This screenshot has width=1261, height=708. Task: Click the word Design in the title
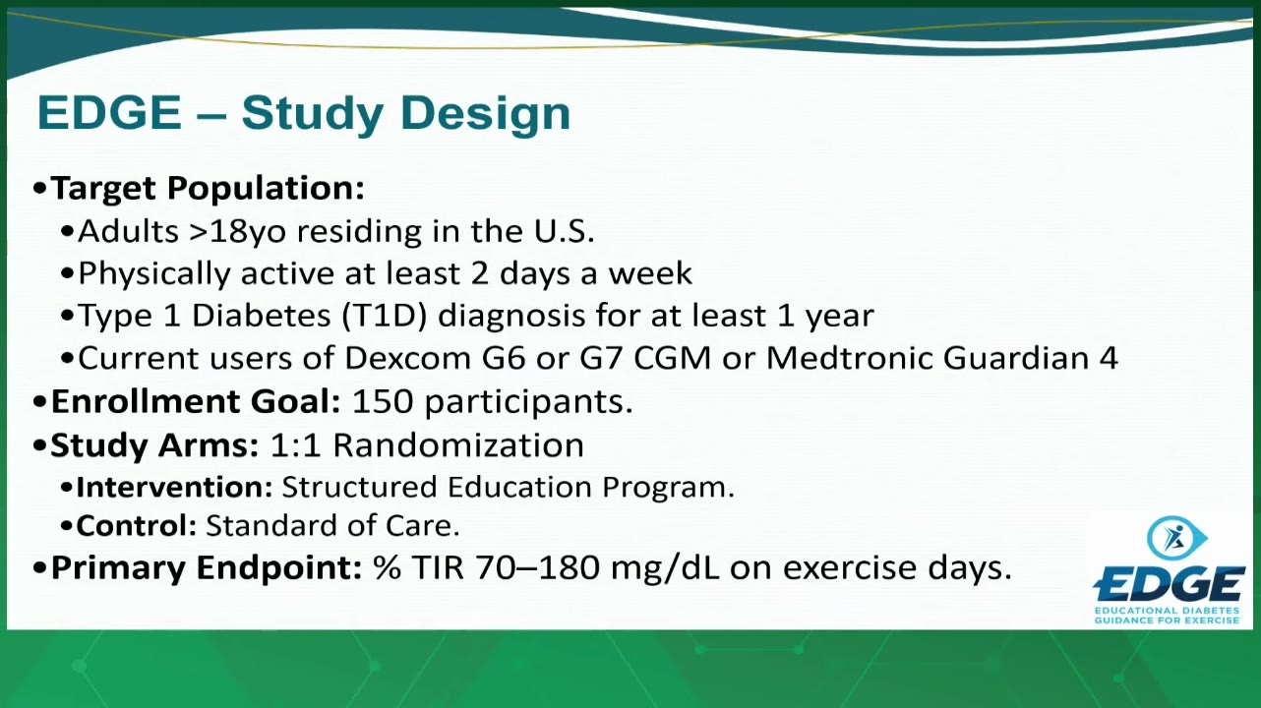pyautogui.click(x=486, y=115)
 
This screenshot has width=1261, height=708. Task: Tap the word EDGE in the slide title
pyautogui.click(x=109, y=112)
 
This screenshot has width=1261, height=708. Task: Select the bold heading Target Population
pyautogui.click(x=208, y=189)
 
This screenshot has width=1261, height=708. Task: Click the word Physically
pyautogui.click(x=154, y=274)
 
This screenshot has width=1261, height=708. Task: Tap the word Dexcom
pyautogui.click(x=407, y=358)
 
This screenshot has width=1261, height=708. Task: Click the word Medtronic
pyautogui.click(x=850, y=358)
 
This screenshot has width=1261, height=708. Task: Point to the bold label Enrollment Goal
pyautogui.click(x=196, y=402)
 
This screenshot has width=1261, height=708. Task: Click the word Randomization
pyautogui.click(x=458, y=445)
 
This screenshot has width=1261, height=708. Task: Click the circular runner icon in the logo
pyautogui.click(x=1175, y=538)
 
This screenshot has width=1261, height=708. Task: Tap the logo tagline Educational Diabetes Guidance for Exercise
pyautogui.click(x=1167, y=616)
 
